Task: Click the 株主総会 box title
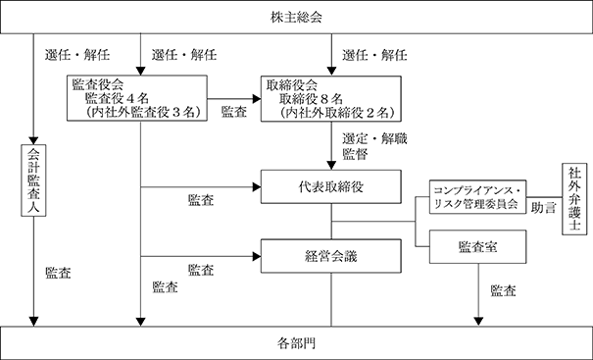click(296, 18)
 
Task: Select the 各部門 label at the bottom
click(296, 343)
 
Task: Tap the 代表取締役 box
click(331, 186)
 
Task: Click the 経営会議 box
click(331, 256)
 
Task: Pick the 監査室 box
click(477, 247)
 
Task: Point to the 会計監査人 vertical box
click(33, 180)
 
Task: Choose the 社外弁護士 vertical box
click(574, 199)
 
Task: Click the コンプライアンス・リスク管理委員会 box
click(477, 197)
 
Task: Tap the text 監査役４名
click(117, 98)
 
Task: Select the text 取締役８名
click(311, 99)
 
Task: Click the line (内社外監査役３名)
click(140, 113)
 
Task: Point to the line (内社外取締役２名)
click(334, 113)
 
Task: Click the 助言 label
click(544, 207)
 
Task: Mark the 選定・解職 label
click(374, 138)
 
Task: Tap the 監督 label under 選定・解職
click(355, 154)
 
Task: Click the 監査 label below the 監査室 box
click(504, 290)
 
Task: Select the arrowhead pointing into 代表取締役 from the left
click(257, 187)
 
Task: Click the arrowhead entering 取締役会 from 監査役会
click(257, 99)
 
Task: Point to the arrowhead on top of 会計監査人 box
click(33, 140)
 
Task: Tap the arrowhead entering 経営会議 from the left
click(257, 256)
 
